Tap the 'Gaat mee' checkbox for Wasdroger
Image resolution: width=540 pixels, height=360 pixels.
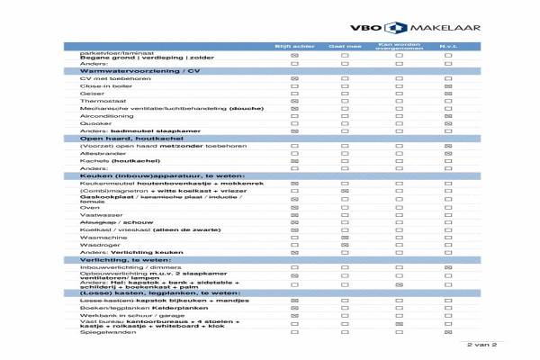pos(345,245)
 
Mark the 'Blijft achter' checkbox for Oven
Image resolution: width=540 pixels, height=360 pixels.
pos(294,207)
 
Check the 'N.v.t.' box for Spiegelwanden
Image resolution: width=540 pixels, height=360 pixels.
pos(448,332)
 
